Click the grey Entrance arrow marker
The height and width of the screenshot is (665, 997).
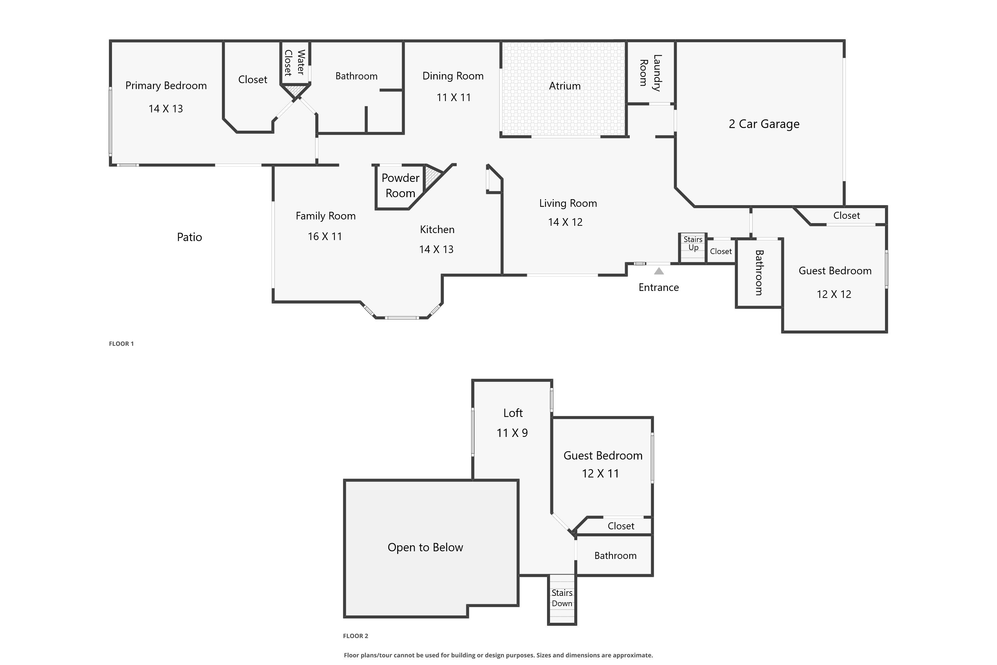pyautogui.click(x=659, y=271)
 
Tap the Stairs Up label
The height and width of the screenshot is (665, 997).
pyautogui.click(x=693, y=243)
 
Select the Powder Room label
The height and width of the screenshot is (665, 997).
pyautogui.click(x=400, y=185)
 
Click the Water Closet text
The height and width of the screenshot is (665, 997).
pyautogui.click(x=294, y=63)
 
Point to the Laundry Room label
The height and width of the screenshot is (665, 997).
pyautogui.click(x=650, y=72)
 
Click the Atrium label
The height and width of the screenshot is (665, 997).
pyautogui.click(x=565, y=86)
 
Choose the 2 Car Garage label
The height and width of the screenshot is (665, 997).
pyautogui.click(x=764, y=124)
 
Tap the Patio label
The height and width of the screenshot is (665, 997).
pyautogui.click(x=189, y=237)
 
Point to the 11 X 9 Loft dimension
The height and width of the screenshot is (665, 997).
pyautogui.click(x=512, y=433)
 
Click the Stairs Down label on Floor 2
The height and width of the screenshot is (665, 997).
pyautogui.click(x=562, y=598)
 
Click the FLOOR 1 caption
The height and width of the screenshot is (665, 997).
pyautogui.click(x=121, y=344)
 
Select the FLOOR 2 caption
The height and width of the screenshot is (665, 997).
pyautogui.click(x=355, y=636)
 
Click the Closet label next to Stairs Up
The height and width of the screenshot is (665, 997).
pyautogui.click(x=720, y=251)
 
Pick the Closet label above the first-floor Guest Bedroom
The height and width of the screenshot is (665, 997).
pyautogui.click(x=846, y=215)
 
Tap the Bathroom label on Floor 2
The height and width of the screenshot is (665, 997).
pyautogui.click(x=615, y=556)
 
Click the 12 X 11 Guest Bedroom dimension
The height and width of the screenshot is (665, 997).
pyautogui.click(x=600, y=474)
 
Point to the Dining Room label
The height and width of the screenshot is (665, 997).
pyautogui.click(x=453, y=76)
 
